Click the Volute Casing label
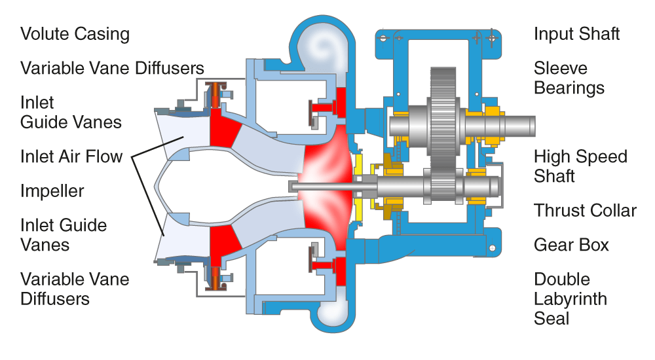[x=75, y=34]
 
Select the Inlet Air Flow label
[x=71, y=156]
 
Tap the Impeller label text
[x=52, y=191]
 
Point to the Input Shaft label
[x=576, y=34]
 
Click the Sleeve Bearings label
[x=569, y=78]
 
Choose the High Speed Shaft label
[x=580, y=166]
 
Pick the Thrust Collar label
[x=585, y=211]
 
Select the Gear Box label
[x=571, y=245]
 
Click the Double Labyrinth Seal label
[x=571, y=299]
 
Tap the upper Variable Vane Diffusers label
[x=112, y=68]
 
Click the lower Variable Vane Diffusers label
[x=75, y=289]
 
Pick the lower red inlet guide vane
[x=223, y=242]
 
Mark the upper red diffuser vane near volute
[x=331, y=105]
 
